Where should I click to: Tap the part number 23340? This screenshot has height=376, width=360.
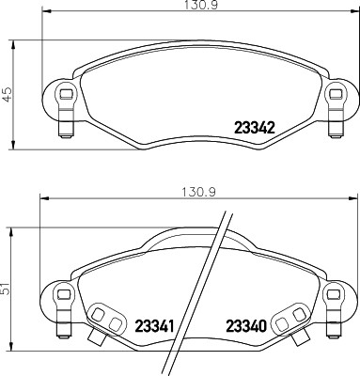pos(246,326)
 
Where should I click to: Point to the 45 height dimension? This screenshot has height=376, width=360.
pos(8,94)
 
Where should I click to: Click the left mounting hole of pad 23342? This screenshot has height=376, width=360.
pos(64,94)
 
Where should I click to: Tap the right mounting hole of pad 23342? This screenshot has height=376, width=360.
pos(333,94)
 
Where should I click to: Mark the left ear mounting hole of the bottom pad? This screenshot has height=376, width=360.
pos(64,292)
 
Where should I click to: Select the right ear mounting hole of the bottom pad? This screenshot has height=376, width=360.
pos(333,292)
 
